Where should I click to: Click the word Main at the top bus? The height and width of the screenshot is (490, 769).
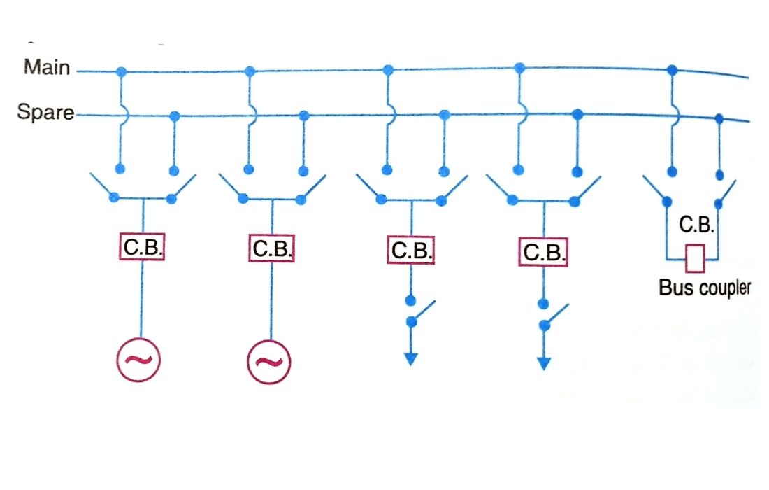point(47,67)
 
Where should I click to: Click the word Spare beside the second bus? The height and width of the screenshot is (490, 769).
point(45,112)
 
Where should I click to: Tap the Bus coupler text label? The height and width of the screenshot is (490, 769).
point(704,287)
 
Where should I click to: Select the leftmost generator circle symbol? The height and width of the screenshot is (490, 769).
point(138,360)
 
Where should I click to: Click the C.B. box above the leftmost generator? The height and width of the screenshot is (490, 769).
point(141,248)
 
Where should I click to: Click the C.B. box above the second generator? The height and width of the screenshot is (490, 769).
point(271,248)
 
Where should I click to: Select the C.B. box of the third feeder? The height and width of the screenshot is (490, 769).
point(410,251)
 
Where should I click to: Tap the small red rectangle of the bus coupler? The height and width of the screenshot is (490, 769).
point(694,258)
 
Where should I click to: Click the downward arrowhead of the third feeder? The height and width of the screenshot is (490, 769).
point(411,358)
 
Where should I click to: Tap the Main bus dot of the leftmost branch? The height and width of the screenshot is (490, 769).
point(121,71)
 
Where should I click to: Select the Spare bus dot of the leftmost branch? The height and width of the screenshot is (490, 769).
point(175,115)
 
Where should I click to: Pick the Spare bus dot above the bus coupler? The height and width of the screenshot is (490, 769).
point(719,120)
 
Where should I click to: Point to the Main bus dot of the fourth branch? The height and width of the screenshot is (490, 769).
point(519,68)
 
